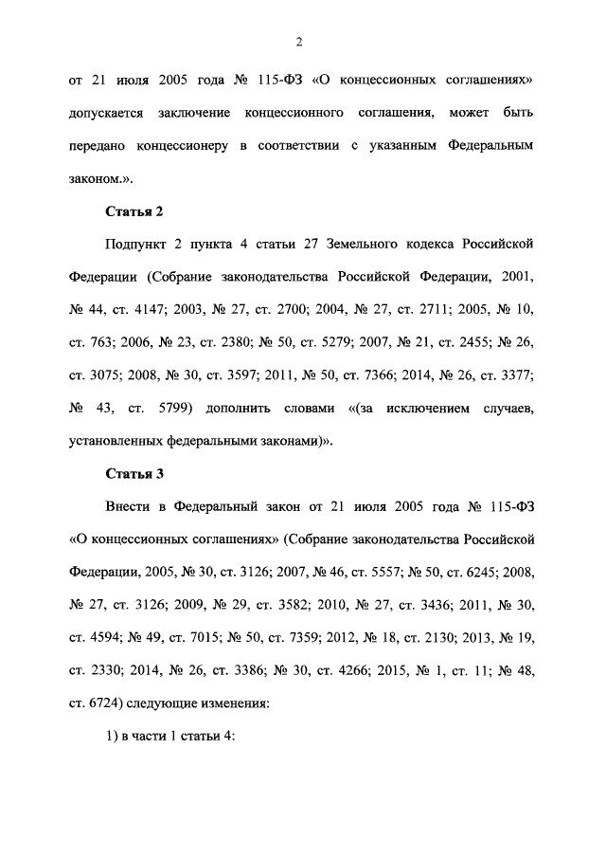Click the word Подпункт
[x=138, y=244]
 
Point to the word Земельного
[x=365, y=244]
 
